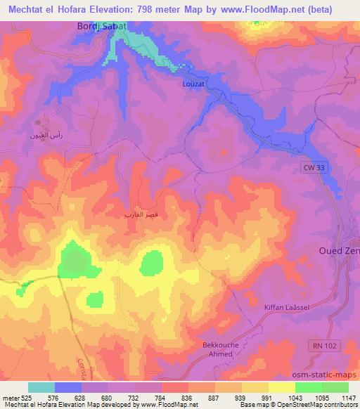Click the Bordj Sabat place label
point(102,26)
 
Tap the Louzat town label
point(193,84)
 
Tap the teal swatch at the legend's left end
point(41,387)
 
